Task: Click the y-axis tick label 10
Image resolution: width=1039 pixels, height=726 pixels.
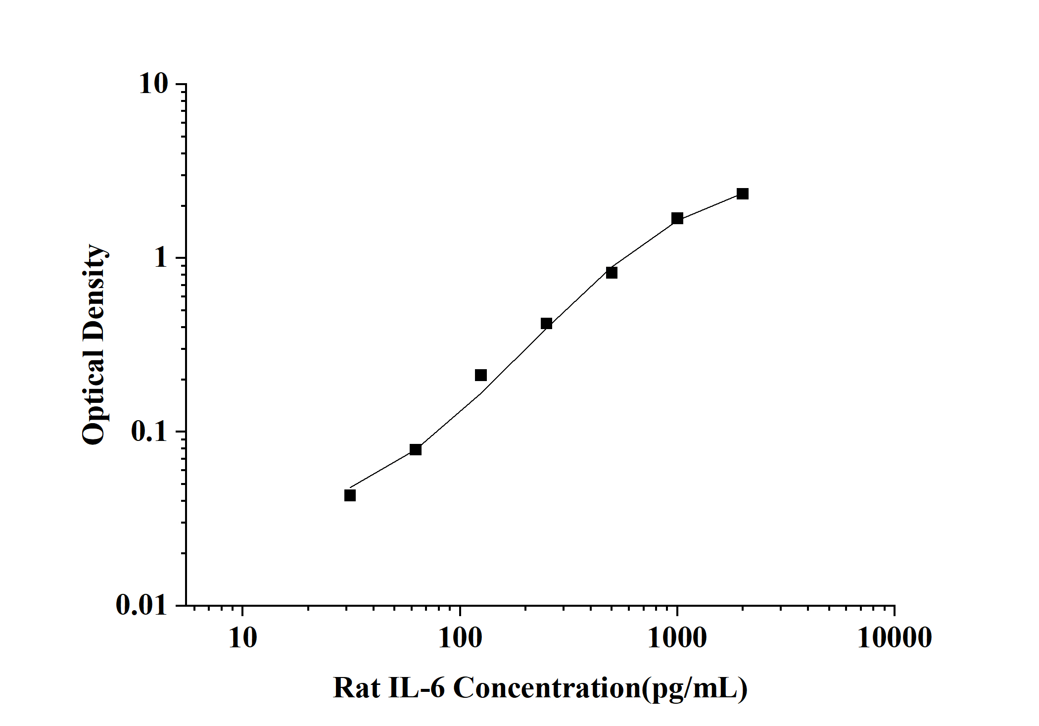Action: (x=153, y=84)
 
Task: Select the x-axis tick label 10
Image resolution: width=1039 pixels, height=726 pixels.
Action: (x=242, y=638)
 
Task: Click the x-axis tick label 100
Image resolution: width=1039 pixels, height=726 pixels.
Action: (x=460, y=638)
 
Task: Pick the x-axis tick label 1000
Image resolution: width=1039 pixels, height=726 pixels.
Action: (x=677, y=638)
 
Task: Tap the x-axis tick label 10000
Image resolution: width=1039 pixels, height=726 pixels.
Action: (x=894, y=638)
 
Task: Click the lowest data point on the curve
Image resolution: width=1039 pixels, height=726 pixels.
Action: (x=350, y=495)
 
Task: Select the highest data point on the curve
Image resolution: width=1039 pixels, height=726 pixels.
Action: (x=742, y=194)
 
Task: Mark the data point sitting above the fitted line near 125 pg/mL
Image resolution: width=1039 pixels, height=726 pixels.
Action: (x=480, y=375)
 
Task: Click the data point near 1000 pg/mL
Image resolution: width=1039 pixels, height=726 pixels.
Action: (x=677, y=218)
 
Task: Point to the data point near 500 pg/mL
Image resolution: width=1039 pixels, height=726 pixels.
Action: (x=612, y=273)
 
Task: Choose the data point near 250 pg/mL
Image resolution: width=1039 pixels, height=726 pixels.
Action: (x=546, y=324)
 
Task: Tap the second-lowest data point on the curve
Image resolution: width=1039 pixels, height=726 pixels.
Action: (x=416, y=449)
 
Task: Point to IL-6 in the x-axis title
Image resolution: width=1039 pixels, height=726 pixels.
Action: (x=417, y=688)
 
